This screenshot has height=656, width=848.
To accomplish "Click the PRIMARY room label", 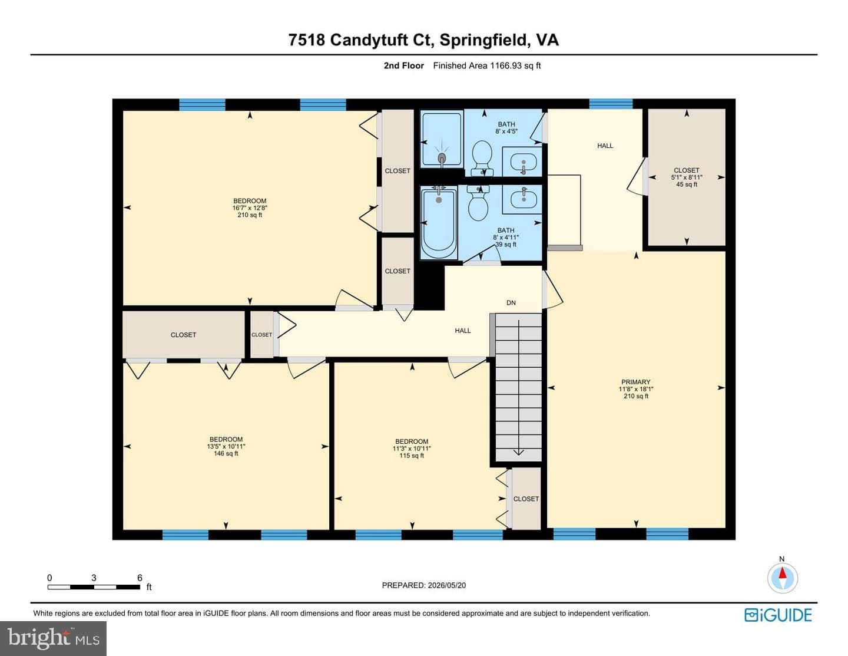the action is (x=636, y=382).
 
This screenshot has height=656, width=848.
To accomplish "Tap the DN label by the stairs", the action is (x=511, y=302).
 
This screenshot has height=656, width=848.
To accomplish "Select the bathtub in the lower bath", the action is (x=439, y=223).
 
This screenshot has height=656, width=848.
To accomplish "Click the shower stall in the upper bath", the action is (x=442, y=140).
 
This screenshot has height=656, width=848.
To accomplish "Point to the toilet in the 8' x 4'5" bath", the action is (x=482, y=158).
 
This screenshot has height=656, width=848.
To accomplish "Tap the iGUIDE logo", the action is (x=778, y=615).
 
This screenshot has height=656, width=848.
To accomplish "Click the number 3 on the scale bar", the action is (x=94, y=578).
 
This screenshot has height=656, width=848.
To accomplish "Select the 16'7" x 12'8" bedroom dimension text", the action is (x=250, y=208).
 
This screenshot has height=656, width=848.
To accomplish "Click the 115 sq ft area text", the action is (x=412, y=456).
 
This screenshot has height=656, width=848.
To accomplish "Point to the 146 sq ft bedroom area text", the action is (x=226, y=453).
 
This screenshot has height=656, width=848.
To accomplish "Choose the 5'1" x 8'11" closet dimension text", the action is (x=687, y=177).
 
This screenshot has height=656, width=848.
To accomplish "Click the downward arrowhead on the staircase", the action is (x=518, y=452).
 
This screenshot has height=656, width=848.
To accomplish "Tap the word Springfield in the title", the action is (x=483, y=40).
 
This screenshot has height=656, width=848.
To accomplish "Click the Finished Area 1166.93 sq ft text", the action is (x=486, y=65).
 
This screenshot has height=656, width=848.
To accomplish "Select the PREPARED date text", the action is (x=424, y=585).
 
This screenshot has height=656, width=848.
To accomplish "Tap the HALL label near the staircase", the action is (x=463, y=331).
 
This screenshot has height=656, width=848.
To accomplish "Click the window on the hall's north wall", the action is (x=611, y=104).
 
